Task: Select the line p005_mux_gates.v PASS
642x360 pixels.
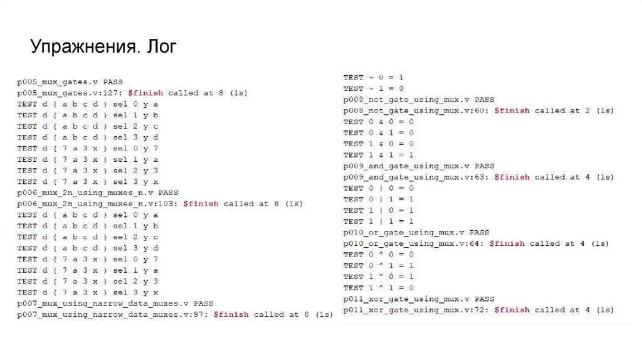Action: (x=70, y=82)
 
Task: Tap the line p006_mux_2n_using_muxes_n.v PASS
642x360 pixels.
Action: (x=98, y=193)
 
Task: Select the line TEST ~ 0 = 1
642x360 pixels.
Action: (x=373, y=77)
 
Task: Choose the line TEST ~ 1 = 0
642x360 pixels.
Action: (x=373, y=88)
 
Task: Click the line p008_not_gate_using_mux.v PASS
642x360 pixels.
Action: (x=419, y=99)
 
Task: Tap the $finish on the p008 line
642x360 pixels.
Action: (x=512, y=110)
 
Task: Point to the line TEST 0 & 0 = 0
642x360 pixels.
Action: (x=378, y=122)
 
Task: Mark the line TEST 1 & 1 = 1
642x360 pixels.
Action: (x=378, y=155)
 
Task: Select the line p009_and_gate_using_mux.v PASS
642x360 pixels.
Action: (x=419, y=166)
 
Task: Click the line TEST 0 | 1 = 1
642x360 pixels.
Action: (x=378, y=199)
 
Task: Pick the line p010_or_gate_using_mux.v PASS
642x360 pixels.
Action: (x=416, y=232)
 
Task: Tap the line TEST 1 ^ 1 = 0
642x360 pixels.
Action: (x=378, y=287)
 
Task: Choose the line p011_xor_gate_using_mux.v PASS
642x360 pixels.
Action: (x=419, y=299)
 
